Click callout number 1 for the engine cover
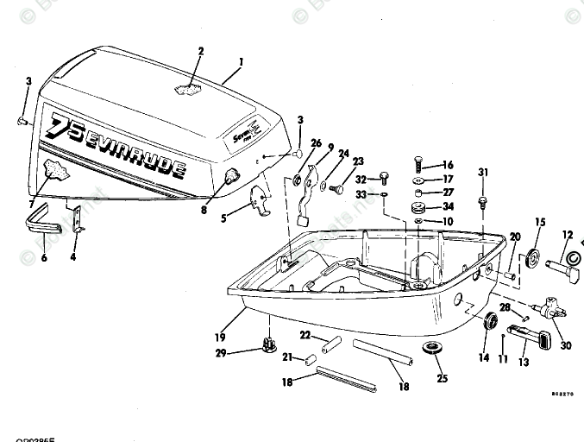(x=242, y=62)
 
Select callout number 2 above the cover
(x=201, y=51)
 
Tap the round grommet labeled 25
(x=430, y=350)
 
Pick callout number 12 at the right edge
(x=568, y=235)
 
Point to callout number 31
(x=483, y=173)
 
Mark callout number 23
(x=358, y=161)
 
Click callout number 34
(x=448, y=207)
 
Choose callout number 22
(x=305, y=335)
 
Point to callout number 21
(x=287, y=358)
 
